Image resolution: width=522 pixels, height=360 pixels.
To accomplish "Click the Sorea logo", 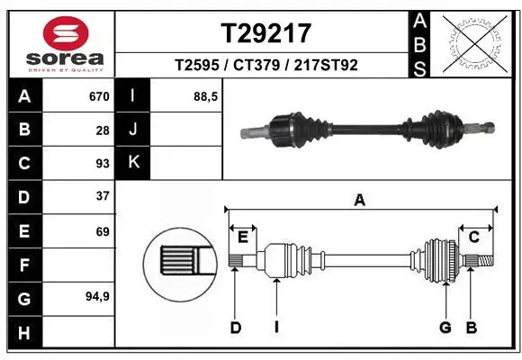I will click(58, 43).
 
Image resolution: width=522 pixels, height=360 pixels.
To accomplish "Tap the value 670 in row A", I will click(98, 96).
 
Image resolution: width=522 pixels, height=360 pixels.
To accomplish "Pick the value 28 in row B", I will click(102, 130).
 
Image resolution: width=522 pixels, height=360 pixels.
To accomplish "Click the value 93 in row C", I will click(102, 164).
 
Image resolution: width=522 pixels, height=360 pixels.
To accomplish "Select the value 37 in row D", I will click(102, 196).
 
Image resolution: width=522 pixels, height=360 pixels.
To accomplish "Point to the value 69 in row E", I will click(102, 231).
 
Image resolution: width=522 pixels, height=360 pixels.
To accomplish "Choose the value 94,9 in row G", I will click(97, 296).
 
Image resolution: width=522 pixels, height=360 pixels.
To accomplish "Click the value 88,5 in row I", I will click(206, 96).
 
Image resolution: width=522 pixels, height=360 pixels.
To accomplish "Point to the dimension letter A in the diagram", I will click(360, 201).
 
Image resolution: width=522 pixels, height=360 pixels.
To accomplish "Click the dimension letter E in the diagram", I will click(243, 237).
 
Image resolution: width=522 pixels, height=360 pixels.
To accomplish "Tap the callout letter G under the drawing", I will click(445, 328).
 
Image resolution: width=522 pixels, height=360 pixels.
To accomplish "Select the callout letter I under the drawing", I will click(276, 328).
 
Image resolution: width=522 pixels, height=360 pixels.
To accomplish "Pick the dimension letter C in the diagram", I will click(473, 237).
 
